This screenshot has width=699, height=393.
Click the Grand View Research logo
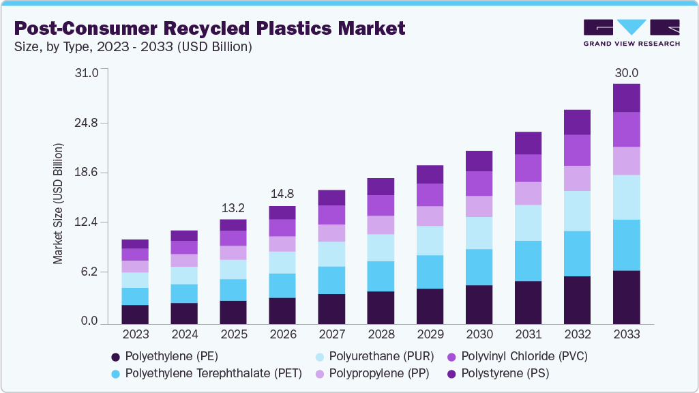click(631, 33)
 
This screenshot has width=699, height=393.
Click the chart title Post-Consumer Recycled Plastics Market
click(209, 28)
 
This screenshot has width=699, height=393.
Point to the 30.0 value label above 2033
click(626, 73)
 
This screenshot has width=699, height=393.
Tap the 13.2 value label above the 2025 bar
click(233, 208)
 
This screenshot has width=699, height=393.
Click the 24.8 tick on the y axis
click(86, 123)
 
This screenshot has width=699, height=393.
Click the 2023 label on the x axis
click(135, 334)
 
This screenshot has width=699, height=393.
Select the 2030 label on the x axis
click(479, 334)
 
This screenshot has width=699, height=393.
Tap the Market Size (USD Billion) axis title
click(58, 204)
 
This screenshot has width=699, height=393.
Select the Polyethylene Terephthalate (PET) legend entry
click(205, 374)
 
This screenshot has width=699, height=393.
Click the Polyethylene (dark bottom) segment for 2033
click(626, 297)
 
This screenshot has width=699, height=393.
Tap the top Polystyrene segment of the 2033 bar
click(626, 98)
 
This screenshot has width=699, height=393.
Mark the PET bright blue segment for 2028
click(381, 276)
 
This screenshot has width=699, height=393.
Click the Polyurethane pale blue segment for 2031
click(528, 222)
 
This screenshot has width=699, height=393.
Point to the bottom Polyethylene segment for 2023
click(135, 315)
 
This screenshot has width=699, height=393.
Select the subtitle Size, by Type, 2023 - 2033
click(133, 47)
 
